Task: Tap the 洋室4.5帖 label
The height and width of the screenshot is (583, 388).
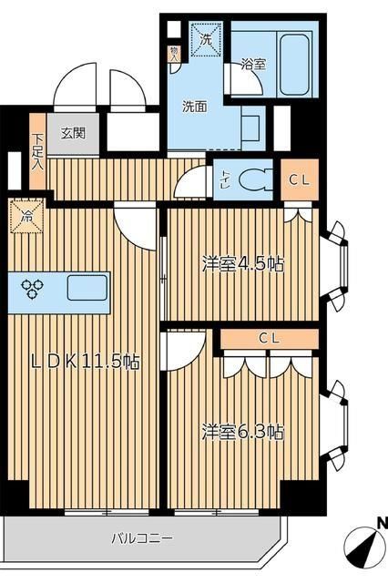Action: coord(242,264)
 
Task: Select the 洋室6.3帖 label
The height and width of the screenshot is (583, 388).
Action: coord(242,430)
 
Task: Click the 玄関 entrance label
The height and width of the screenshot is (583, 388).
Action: coord(74,133)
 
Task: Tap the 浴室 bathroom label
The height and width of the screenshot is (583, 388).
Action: coord(252,66)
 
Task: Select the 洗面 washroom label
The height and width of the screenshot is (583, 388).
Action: coord(194,107)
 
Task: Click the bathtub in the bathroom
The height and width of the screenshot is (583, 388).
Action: coord(293,65)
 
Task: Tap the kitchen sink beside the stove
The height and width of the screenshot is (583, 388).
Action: coord(87,288)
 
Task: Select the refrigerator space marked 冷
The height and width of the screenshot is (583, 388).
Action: coord(27,219)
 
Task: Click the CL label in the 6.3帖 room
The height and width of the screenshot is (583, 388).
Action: coord(269,339)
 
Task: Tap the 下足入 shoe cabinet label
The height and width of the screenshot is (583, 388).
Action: coord(37,151)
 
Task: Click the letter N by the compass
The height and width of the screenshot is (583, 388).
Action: coord(382,523)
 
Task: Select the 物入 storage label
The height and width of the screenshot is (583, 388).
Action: coord(174,53)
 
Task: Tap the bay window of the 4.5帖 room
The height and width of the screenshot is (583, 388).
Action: coord(339,264)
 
